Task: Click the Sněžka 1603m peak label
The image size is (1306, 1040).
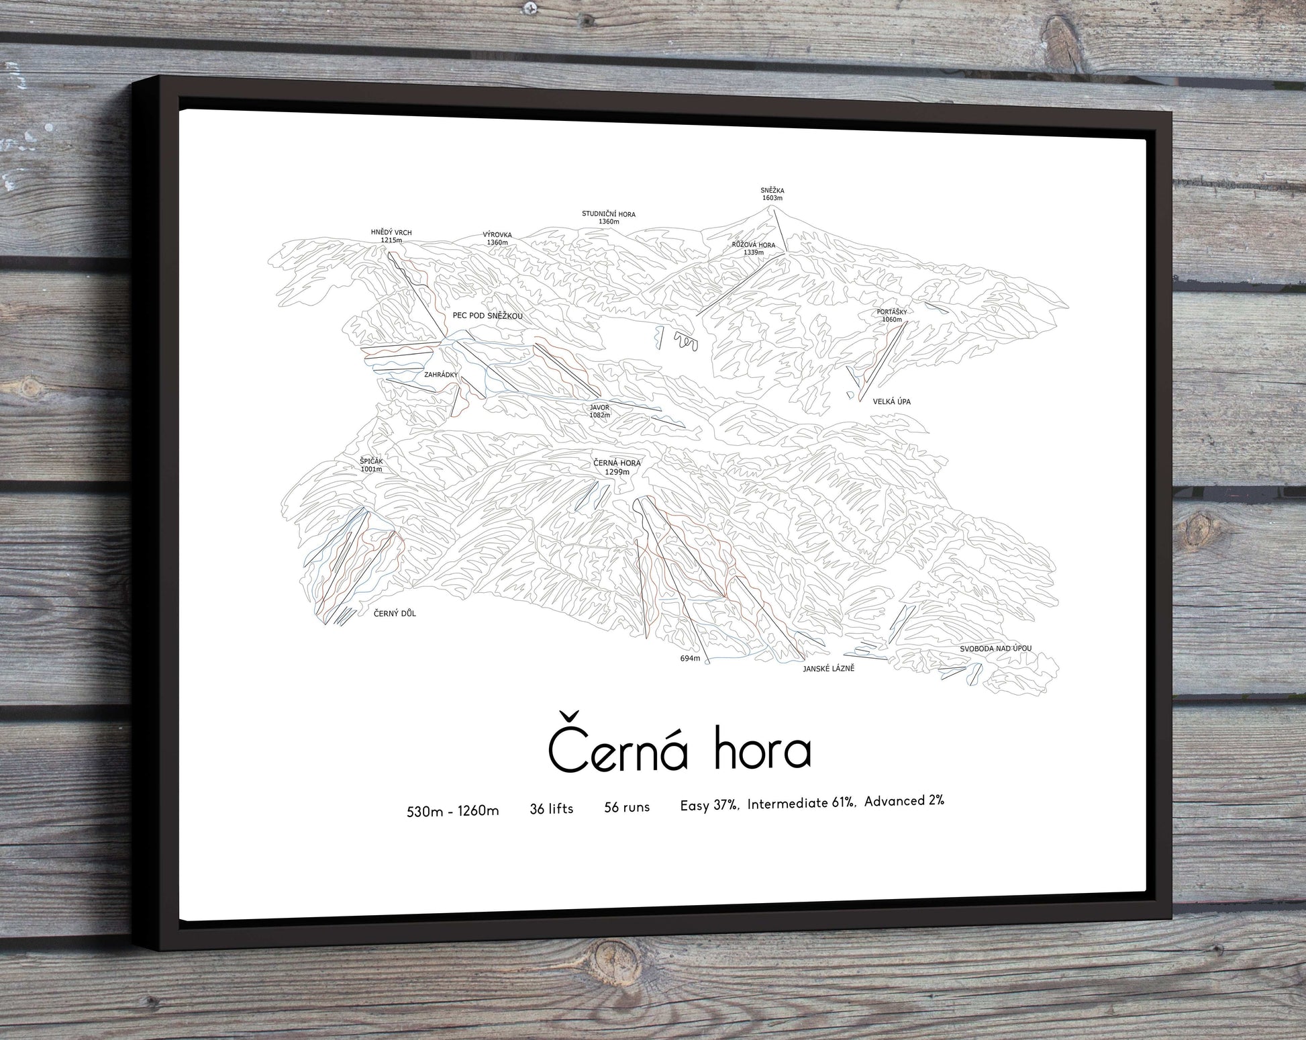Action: point(772,194)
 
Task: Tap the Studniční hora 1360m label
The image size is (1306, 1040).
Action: point(608,218)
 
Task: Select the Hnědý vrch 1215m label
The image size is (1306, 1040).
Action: point(391,236)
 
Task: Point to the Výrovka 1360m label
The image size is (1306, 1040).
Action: point(497,239)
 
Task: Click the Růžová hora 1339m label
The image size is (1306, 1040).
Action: point(753,248)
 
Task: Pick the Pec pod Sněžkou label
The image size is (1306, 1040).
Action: point(487,316)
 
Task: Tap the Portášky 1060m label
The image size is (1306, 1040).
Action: point(892,316)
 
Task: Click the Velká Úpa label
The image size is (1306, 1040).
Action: point(891,401)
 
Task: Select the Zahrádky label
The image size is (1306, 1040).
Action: point(440,375)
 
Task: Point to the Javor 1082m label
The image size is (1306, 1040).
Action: point(599,411)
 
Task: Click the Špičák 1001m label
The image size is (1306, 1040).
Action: point(371,465)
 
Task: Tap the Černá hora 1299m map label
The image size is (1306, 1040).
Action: point(617,467)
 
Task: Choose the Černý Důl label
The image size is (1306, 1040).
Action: point(395,613)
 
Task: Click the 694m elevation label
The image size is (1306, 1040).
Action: point(690,659)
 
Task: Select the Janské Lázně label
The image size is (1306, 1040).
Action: point(828,669)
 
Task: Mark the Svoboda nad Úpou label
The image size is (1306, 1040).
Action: point(995,649)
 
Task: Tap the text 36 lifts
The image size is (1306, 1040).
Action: point(552,809)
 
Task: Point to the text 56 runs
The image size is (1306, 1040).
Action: point(627,807)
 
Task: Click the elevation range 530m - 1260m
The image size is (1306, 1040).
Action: point(453,811)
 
